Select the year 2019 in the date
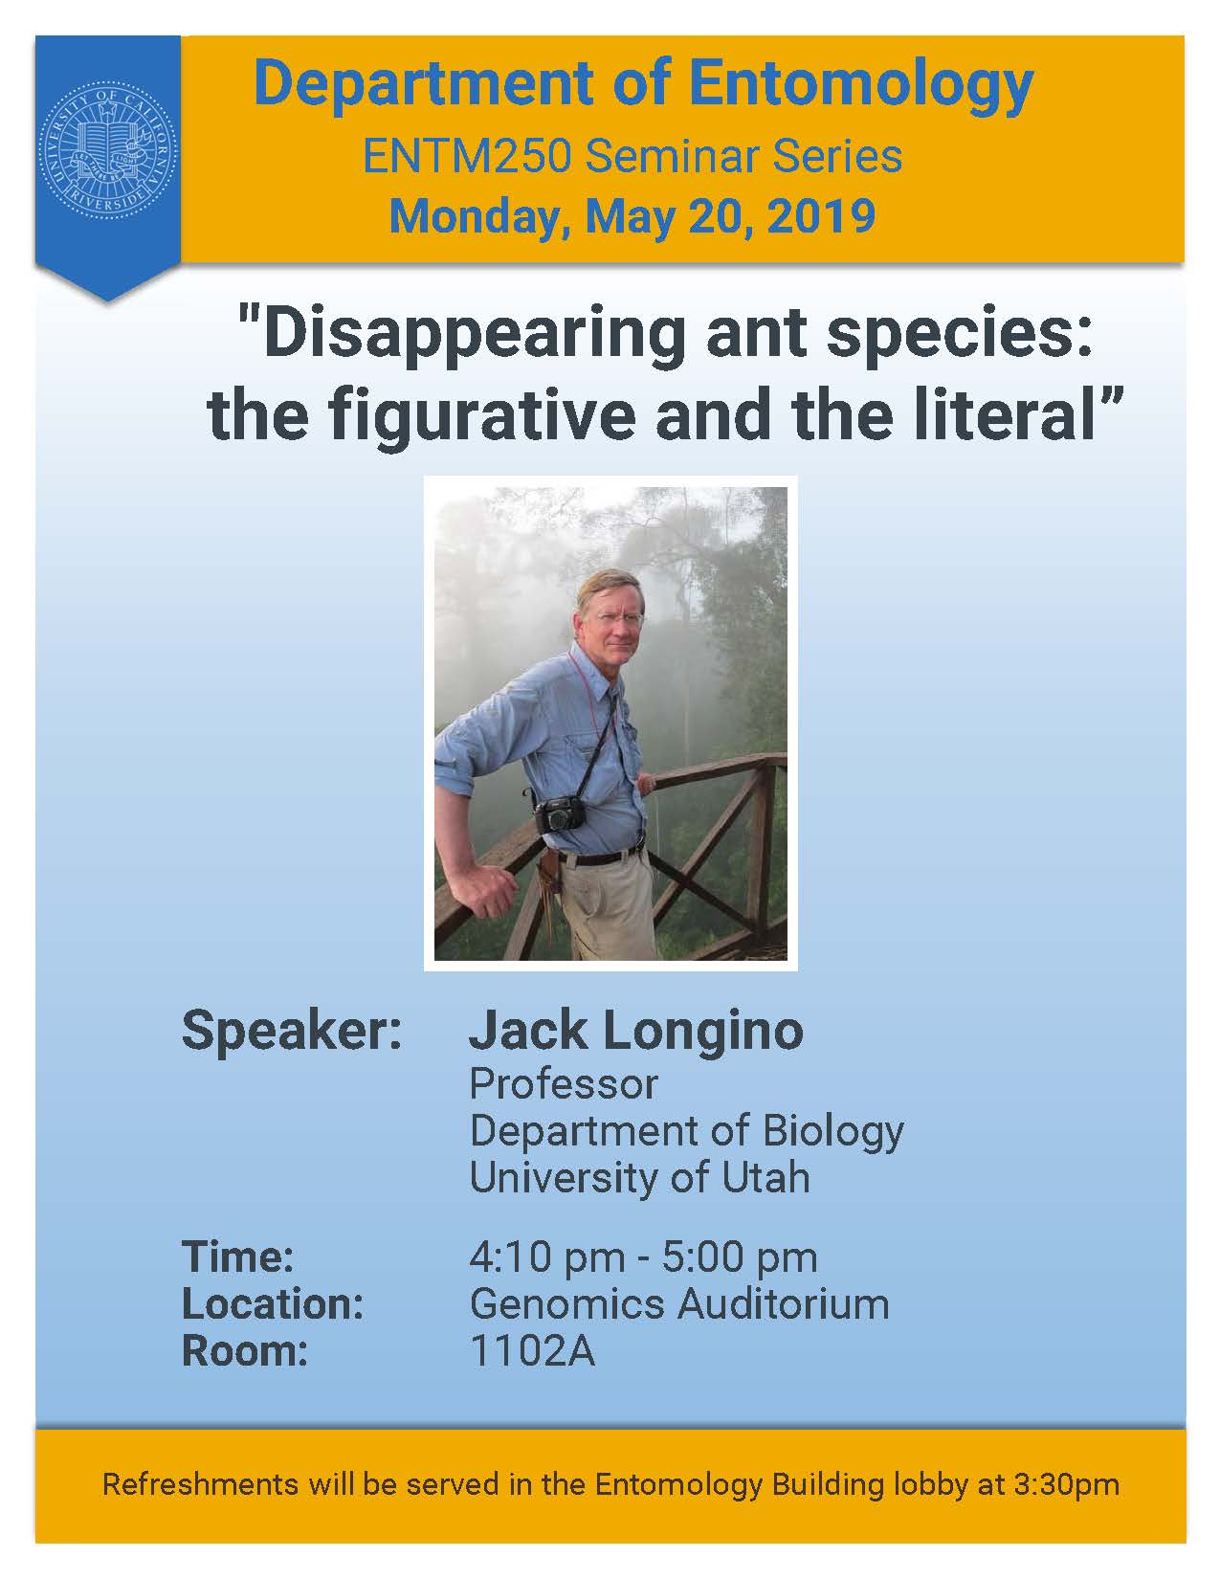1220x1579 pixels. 820,216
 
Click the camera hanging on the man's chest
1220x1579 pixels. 560,813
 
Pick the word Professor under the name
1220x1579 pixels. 564,1085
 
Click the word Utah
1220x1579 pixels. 765,1177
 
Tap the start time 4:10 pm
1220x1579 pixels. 546,1257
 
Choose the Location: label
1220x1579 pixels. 273,1304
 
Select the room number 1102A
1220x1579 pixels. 533,1351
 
